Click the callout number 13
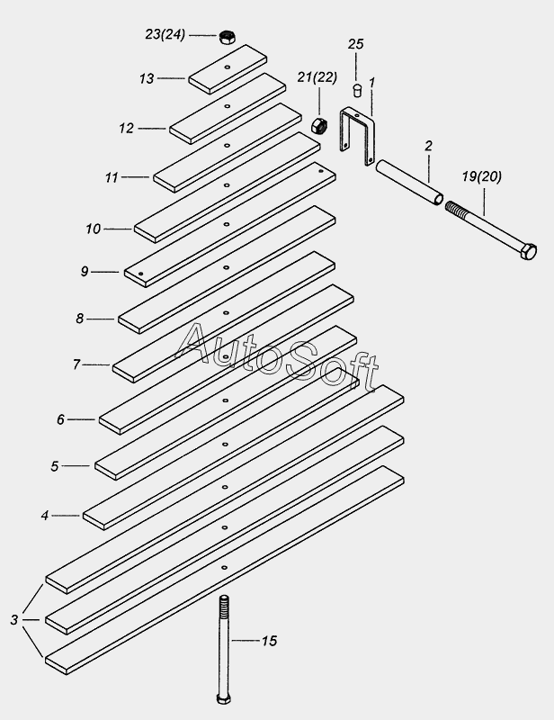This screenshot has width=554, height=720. [x=147, y=79]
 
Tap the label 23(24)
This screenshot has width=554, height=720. [x=165, y=34]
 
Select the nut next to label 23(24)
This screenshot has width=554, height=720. [x=227, y=37]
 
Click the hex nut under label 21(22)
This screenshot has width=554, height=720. [x=318, y=125]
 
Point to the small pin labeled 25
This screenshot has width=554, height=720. [x=357, y=90]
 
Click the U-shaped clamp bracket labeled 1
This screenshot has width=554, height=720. [x=358, y=135]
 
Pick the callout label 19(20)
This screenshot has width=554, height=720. [x=481, y=176]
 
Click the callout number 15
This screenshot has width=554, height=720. [x=270, y=641]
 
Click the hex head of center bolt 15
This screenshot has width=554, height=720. [x=224, y=698]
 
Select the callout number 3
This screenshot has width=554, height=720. [x=14, y=620]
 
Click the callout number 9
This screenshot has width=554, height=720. [x=85, y=272]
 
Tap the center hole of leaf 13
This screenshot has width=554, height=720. [x=228, y=67]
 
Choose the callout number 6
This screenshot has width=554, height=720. [x=60, y=419]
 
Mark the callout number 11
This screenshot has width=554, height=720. [x=112, y=177]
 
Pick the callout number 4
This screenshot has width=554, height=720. [x=45, y=516]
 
